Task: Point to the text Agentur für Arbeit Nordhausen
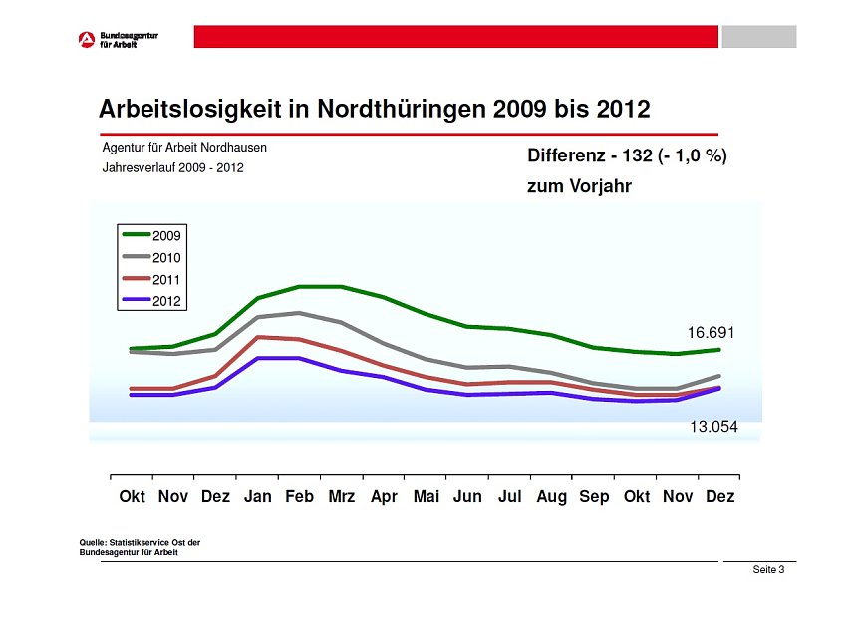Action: tap(184, 148)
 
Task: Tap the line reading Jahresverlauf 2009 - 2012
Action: tap(172, 168)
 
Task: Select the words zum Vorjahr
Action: tap(579, 186)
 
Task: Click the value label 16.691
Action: tap(711, 332)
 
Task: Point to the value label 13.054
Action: tap(713, 427)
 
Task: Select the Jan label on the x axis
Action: tap(258, 496)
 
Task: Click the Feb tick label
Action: tap(300, 496)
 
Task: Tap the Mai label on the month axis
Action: tap(426, 496)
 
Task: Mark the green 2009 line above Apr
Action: tap(384, 297)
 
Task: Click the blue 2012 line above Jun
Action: tap(467, 395)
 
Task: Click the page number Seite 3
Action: tap(768, 570)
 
